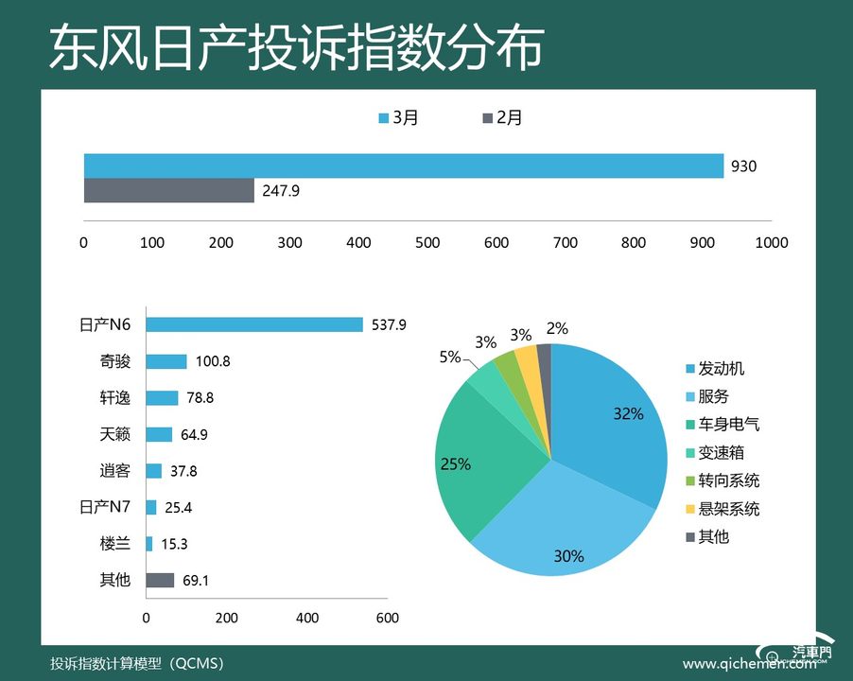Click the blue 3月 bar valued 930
404,166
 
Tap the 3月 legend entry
398,117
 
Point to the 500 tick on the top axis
427,242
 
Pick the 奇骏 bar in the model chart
166,361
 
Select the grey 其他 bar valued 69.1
160,580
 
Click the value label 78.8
199,398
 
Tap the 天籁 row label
115,434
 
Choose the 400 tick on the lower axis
306,618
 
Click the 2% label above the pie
557,328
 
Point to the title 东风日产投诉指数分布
296,47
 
